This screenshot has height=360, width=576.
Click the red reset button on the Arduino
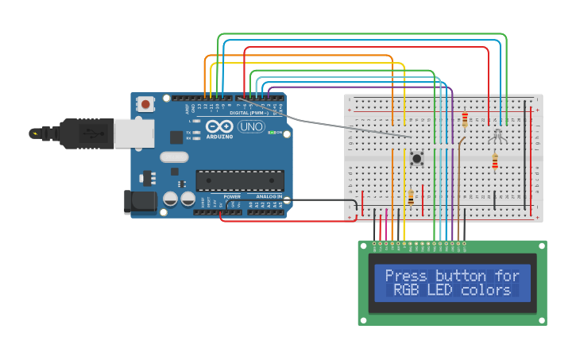tap(145, 104)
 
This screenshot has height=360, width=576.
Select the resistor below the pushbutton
tap(411, 196)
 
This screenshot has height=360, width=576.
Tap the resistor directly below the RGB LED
tap(495, 162)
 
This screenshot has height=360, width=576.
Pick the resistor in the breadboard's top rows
tap(465, 119)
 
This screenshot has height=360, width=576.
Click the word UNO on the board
tap(251, 126)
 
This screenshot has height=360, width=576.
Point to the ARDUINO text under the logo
tap(219, 136)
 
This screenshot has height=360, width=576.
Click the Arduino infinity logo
tap(218, 126)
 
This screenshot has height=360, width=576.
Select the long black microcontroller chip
tap(239, 180)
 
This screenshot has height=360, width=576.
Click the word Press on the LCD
tap(405, 276)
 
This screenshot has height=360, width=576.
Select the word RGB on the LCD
tap(408, 290)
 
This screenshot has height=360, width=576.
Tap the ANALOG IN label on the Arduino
tap(268, 195)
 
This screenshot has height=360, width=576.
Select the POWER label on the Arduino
tap(232, 195)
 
